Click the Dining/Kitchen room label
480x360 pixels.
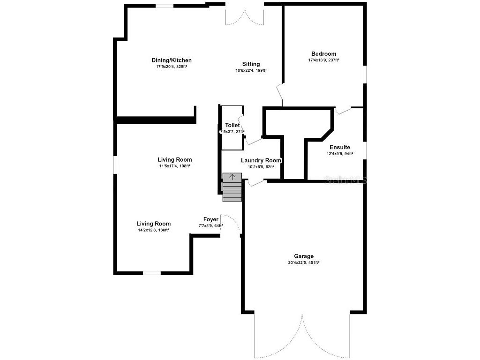171,60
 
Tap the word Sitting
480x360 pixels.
251,64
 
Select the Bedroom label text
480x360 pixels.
323,54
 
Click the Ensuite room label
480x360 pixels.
339,148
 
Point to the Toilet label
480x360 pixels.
232,126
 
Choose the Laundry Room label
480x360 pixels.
261,160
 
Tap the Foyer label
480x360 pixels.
210,219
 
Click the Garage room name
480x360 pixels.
304,256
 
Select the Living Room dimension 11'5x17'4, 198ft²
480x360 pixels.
174,166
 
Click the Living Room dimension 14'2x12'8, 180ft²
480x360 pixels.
153,230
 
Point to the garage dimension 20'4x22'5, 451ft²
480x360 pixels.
304,263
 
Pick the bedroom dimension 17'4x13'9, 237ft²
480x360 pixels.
323,60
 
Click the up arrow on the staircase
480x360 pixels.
232,177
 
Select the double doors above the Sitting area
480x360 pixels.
245,16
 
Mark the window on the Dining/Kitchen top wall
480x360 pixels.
164,6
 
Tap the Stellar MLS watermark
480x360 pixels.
346,180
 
